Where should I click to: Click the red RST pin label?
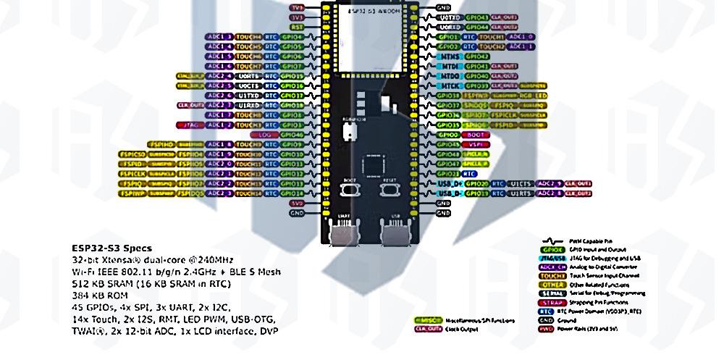297,26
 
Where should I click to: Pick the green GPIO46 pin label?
292,135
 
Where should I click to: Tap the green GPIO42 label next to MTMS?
476,56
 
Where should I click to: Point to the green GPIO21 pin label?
448,174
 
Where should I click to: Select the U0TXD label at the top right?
450,17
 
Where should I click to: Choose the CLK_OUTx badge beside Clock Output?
429,328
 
